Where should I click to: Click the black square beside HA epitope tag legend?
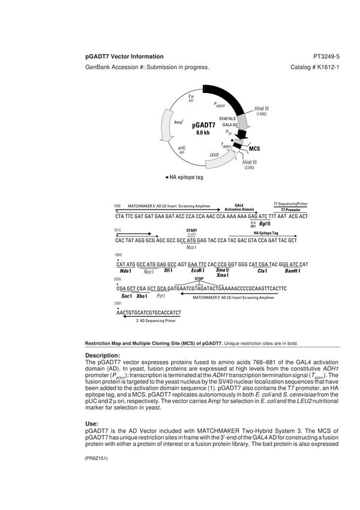click(167, 179)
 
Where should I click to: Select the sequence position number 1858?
click(117, 206)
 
